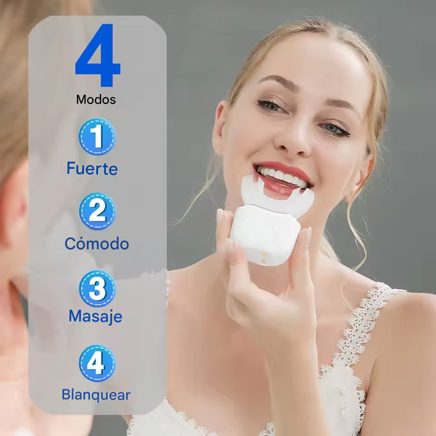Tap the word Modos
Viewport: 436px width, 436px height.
pyautogui.click(x=96, y=99)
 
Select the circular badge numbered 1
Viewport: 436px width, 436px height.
pyautogui.click(x=97, y=137)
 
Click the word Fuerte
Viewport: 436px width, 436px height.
pyautogui.click(x=92, y=168)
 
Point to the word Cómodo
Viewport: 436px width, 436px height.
pyautogui.click(x=97, y=243)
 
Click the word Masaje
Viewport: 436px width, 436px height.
pyautogui.click(x=95, y=316)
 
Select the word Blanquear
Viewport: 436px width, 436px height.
pyautogui.click(x=96, y=395)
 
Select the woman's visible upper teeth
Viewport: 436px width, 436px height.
pyautogui.click(x=279, y=175)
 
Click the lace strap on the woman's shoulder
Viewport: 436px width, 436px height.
pyautogui.click(x=359, y=327)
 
